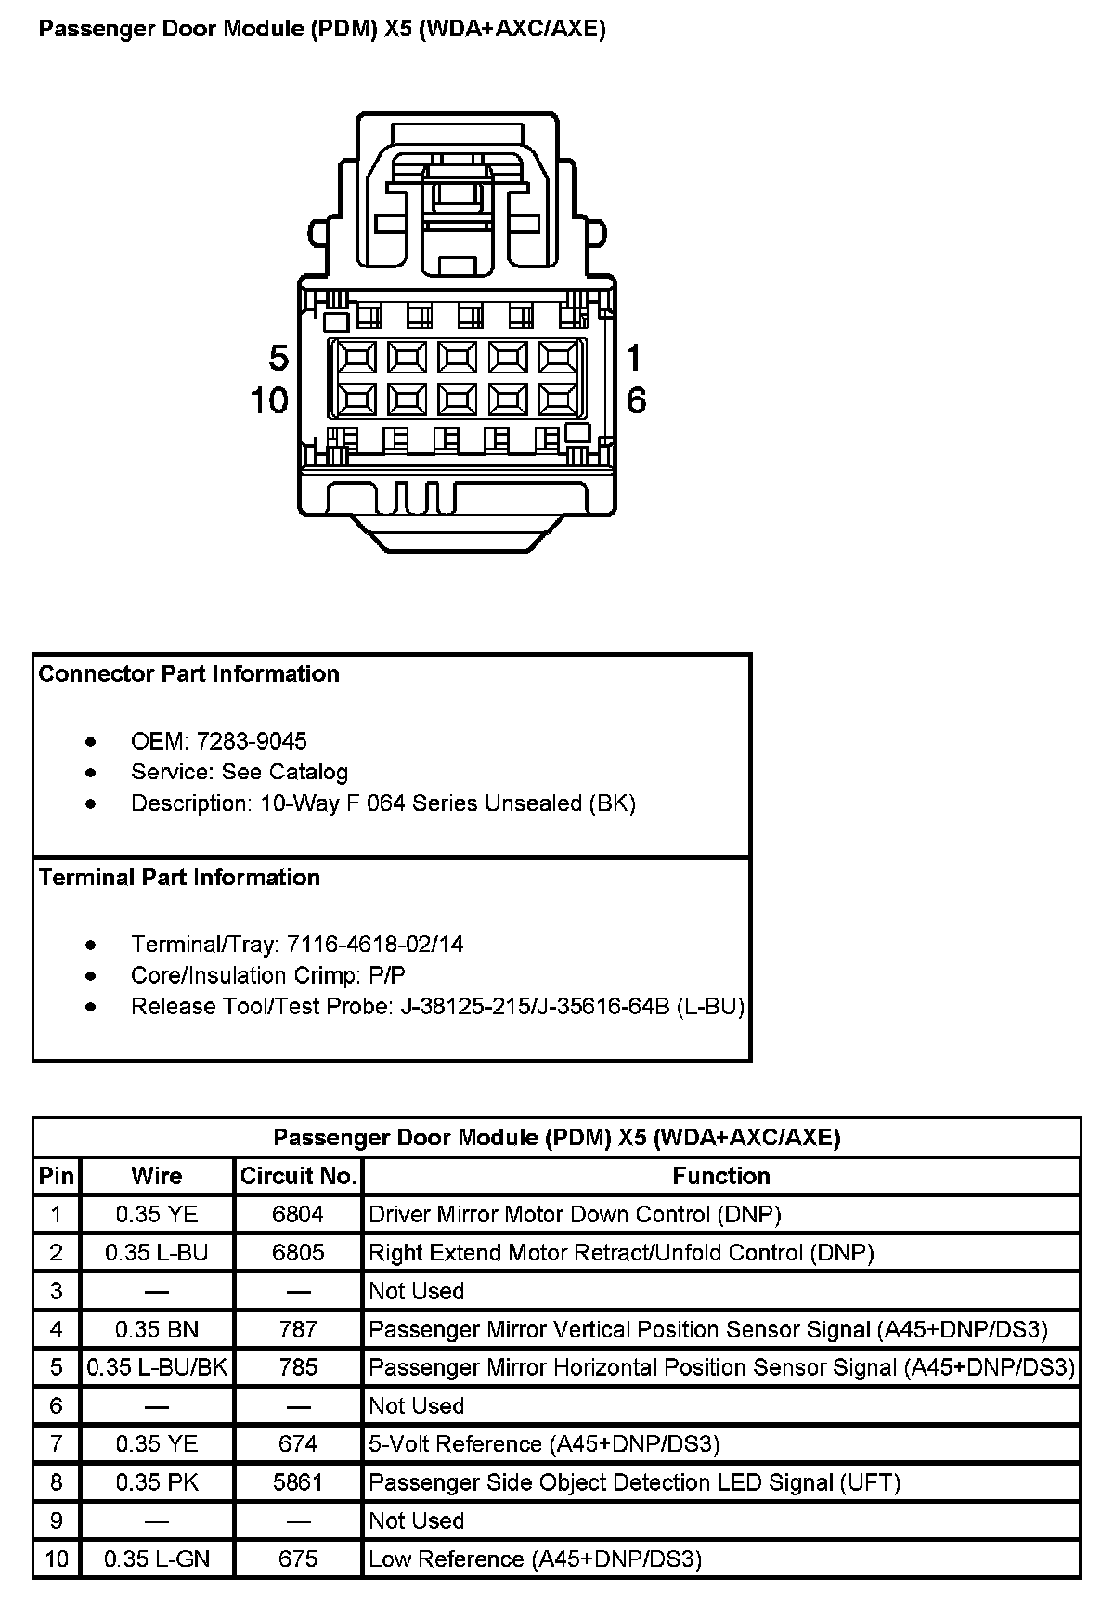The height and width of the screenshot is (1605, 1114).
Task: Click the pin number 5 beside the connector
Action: pos(278,359)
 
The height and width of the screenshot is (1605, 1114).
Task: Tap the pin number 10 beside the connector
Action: pos(269,401)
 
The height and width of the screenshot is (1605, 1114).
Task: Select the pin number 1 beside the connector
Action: pos(634,358)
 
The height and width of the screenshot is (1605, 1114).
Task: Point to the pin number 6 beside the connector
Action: pos(636,401)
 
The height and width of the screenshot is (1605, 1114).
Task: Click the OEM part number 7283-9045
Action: pos(252,741)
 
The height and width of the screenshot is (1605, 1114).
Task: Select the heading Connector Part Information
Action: pos(189,674)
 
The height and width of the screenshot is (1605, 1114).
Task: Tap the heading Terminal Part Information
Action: pos(179,878)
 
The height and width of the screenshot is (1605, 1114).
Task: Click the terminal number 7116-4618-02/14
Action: pos(375,945)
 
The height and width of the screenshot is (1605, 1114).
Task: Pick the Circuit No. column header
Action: pos(298,1177)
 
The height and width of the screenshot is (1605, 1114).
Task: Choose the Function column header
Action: pos(721,1177)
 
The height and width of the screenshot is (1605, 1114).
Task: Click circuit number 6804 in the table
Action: pos(298,1215)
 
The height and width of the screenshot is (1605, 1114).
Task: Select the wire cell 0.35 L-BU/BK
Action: pos(157,1368)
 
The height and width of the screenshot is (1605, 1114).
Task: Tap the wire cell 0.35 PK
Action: pos(157,1482)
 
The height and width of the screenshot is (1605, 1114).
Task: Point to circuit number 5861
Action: pos(298,1482)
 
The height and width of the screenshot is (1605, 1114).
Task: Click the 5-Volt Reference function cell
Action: pos(544,1444)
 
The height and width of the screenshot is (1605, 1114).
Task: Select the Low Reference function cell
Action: pos(535,1559)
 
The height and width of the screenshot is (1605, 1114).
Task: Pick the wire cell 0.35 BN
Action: pos(157,1330)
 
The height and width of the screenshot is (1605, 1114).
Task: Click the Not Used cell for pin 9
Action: pos(416,1521)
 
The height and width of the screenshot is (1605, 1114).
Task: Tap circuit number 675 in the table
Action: pos(298,1559)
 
